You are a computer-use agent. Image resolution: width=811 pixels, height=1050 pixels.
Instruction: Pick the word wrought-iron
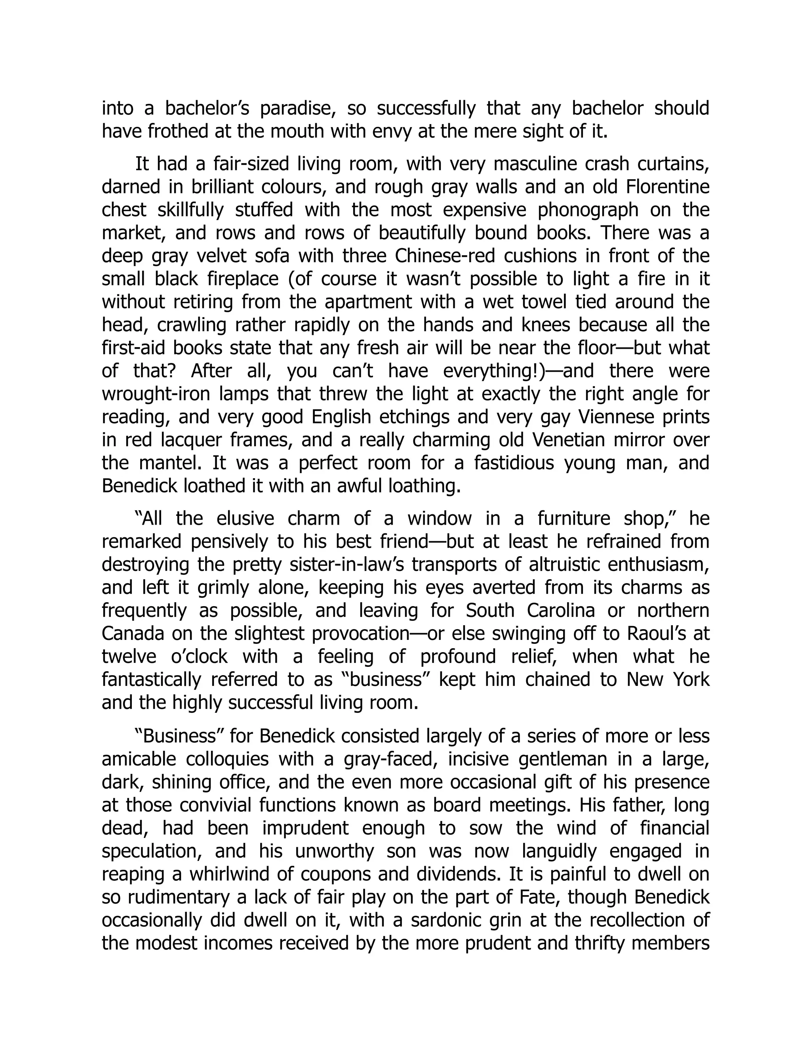pos(156,394)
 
